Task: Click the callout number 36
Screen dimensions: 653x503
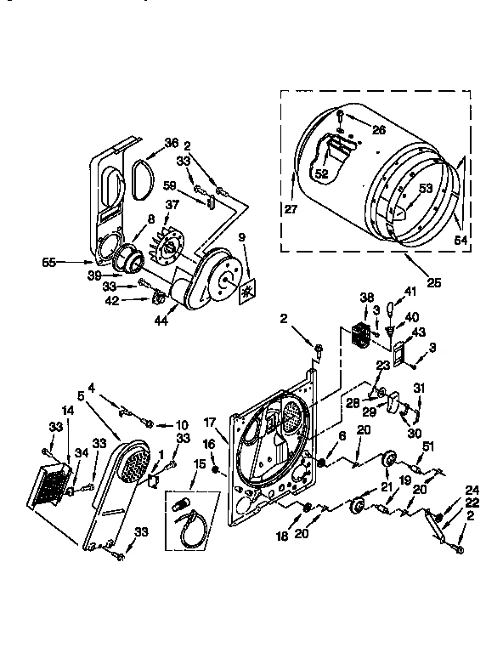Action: click(x=172, y=143)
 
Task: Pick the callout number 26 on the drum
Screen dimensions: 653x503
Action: click(x=378, y=130)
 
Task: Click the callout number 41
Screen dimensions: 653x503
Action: click(x=412, y=292)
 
